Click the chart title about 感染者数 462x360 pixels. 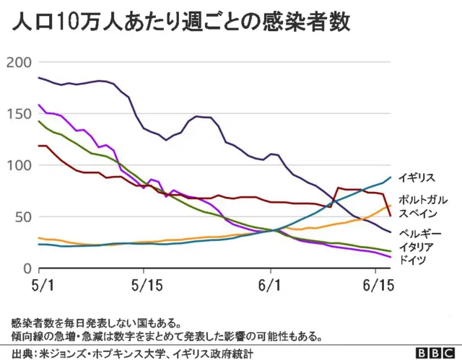[x=180, y=22]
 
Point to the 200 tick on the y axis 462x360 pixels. [x=18, y=62]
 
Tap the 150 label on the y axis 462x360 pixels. [x=18, y=114]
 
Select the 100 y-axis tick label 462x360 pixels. [x=18, y=165]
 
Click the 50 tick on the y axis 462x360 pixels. [x=22, y=217]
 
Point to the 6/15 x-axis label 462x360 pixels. [x=377, y=286]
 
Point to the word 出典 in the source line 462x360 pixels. [x=22, y=353]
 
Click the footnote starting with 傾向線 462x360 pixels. [x=166, y=336]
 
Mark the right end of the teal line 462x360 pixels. [x=391, y=177]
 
